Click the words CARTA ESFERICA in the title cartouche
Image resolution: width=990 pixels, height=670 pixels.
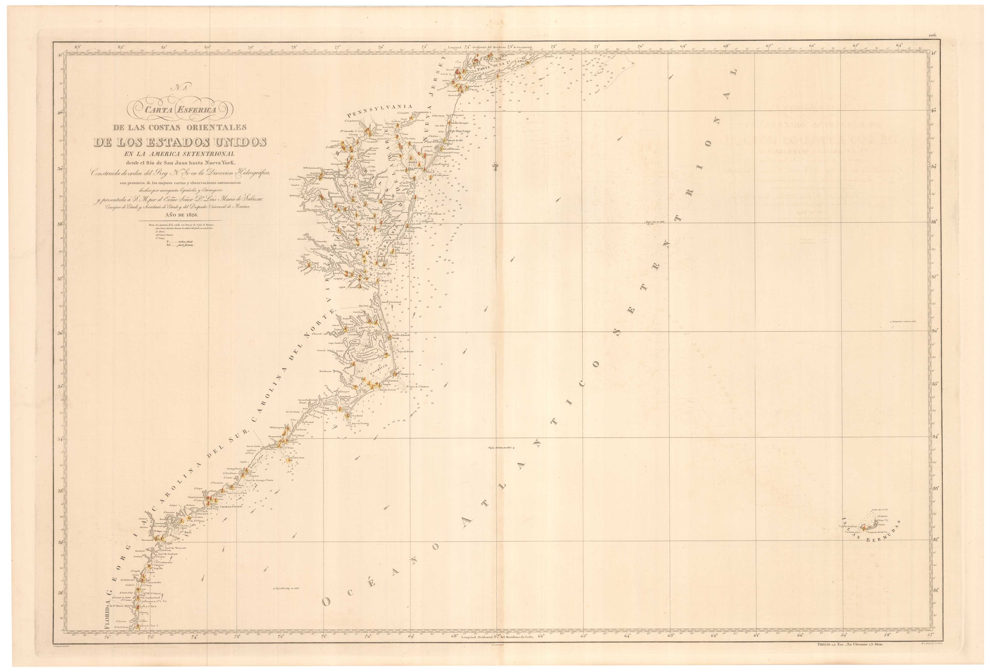[x=181, y=109]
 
